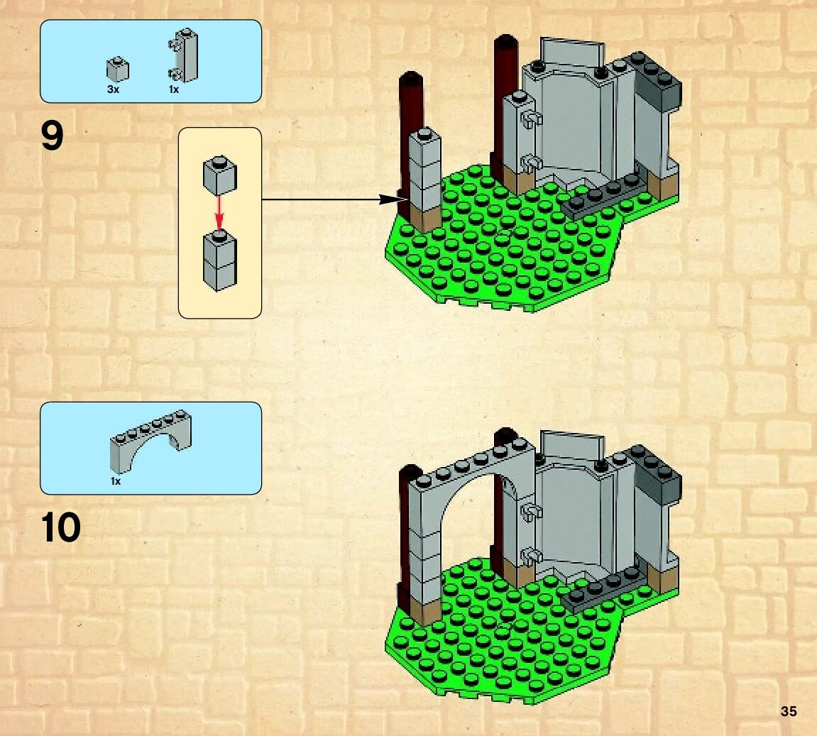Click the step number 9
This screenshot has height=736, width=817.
tap(53, 137)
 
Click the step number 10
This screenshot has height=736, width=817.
tap(61, 528)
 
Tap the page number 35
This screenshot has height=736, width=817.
tap(788, 712)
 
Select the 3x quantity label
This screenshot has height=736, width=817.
tap(113, 90)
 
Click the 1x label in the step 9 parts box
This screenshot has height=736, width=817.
tap(174, 90)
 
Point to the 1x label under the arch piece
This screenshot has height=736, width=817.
tap(116, 481)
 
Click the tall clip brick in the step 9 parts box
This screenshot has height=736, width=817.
tap(186, 56)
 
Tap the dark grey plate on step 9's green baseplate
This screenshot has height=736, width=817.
tap(608, 197)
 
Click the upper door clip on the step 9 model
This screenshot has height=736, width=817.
tap(527, 119)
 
